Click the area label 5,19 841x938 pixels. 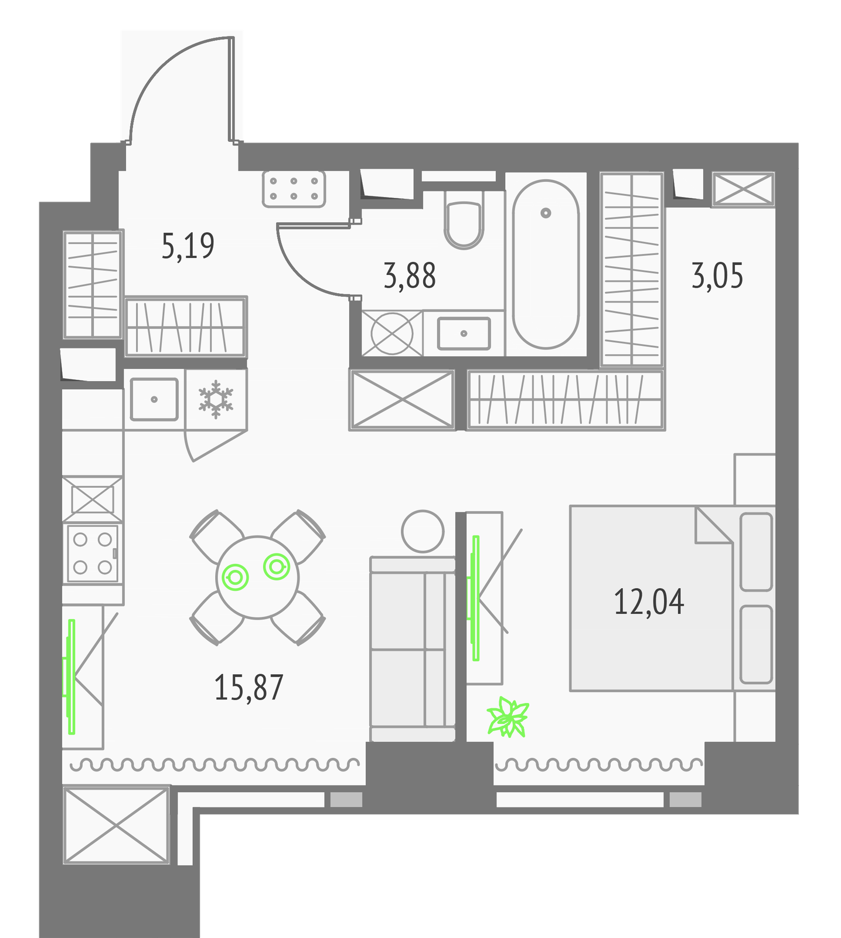click(188, 246)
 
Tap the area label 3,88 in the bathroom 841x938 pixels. click(410, 276)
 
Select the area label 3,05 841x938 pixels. click(717, 276)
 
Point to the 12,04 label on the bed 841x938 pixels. click(649, 602)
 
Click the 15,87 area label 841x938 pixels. click(248, 687)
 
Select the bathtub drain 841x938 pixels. click(546, 213)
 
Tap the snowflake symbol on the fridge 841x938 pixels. click(216, 399)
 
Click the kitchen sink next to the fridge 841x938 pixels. click(154, 399)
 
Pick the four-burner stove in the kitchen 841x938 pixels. click(93, 553)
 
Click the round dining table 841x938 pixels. click(257, 577)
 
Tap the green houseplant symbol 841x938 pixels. click(508, 716)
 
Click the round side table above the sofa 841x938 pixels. click(423, 531)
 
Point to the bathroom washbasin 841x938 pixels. click(464, 334)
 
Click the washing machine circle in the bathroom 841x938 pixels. click(392, 333)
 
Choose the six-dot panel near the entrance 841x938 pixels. click(294, 189)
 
